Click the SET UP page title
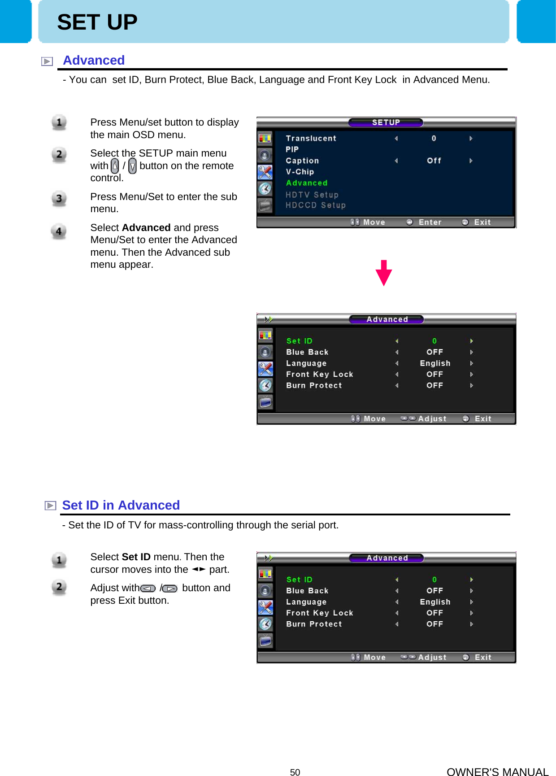97,22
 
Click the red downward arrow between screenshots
384,273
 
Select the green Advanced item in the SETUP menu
307,183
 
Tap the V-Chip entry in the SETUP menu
300,172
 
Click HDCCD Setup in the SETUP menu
316,205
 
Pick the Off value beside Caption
434,161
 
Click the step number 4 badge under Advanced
59,232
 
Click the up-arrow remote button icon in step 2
115,166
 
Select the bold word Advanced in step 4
146,228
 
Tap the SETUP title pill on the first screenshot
386,122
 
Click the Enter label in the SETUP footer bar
430,222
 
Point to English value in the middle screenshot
434,363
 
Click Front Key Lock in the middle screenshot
319,374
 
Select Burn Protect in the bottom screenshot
314,624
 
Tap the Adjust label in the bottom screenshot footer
432,657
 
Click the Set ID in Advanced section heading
121,506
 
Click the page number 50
295,772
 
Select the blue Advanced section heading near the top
94,61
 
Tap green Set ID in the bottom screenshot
299,580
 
